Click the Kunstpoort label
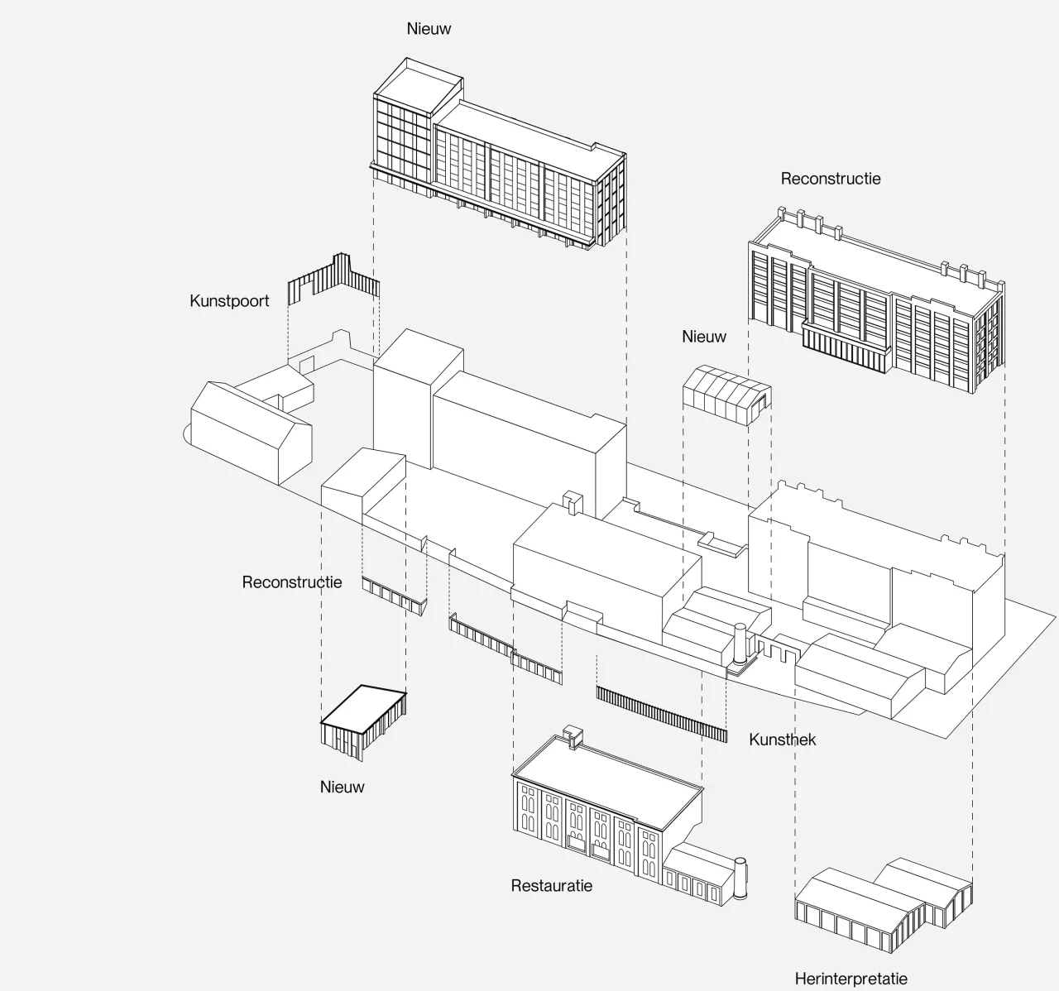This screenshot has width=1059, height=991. pos(229,301)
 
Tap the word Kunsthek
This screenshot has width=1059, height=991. pos(782,740)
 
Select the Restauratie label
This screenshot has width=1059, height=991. pos(551,885)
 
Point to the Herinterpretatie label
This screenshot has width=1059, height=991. pos(851,979)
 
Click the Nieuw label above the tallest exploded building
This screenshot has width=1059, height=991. pos(429,29)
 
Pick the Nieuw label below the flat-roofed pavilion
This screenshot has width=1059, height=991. pos(342,787)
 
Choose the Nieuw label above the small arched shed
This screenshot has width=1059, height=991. pos(704,337)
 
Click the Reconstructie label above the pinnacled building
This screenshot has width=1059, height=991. pos(831,179)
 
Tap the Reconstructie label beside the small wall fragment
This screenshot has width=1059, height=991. pos(292,582)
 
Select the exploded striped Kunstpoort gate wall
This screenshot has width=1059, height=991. pos(333,280)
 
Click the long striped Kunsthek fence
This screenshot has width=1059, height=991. pos(661,714)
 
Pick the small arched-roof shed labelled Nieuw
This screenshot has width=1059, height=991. pos(726,395)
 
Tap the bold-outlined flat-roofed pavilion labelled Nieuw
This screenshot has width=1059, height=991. pos(363,721)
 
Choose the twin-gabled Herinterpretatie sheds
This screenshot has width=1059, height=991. pos(883,905)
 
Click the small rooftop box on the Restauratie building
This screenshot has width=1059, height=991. pos(573,736)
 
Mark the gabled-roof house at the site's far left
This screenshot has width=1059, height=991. pos(252,432)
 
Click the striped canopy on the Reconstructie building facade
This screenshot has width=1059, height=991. pos(846,349)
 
